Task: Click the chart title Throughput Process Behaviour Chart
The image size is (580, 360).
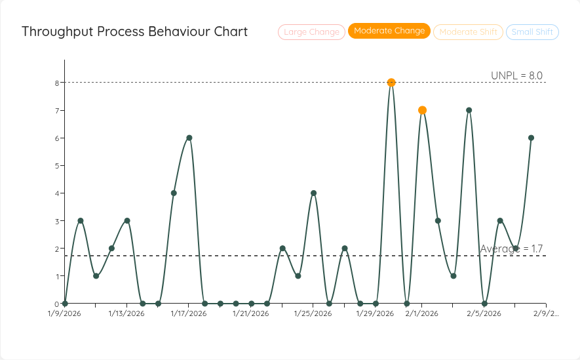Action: [x=134, y=31]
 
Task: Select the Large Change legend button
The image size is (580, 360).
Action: [x=311, y=31]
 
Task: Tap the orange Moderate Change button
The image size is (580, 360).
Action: [x=389, y=31]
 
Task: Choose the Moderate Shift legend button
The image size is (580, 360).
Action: [x=468, y=31]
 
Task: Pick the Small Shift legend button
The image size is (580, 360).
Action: [x=532, y=31]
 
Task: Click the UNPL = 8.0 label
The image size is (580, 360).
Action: [x=516, y=75]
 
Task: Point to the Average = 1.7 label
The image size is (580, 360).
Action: [x=511, y=249]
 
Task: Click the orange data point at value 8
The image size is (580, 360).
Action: [x=391, y=83]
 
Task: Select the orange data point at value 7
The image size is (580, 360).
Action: [x=422, y=110]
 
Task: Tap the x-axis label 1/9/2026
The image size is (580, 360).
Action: [x=65, y=313]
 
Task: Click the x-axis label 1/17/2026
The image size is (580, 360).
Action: [x=189, y=313]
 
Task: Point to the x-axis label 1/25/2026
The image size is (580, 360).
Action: [x=313, y=313]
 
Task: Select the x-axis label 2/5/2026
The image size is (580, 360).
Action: [x=484, y=313]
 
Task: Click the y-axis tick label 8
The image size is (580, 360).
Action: [x=57, y=83]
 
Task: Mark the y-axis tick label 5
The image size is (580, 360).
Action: [x=57, y=166]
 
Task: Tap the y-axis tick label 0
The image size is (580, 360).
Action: [x=57, y=304]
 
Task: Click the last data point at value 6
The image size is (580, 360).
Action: [x=531, y=138]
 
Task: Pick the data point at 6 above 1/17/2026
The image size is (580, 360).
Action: [x=189, y=138]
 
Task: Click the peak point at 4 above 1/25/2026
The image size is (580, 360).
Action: [x=313, y=193]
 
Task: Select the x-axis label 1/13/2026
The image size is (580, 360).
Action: [x=126, y=313]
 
